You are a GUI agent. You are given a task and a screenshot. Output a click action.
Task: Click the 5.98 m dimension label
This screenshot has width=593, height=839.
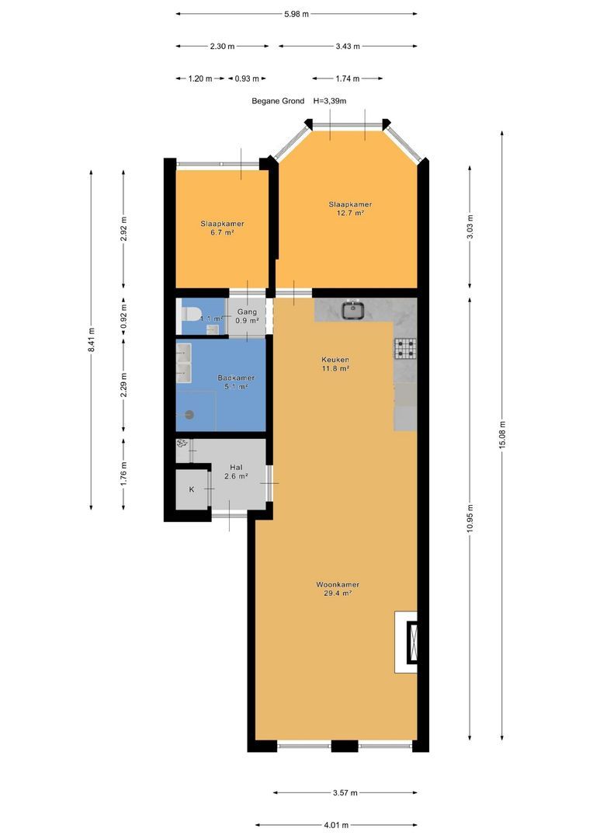296,14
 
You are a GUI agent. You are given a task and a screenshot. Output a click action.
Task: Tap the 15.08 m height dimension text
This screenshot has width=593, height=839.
502,435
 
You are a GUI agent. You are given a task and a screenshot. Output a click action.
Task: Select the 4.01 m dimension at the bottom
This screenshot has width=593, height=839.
336,824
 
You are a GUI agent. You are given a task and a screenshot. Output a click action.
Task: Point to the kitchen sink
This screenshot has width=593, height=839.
354,310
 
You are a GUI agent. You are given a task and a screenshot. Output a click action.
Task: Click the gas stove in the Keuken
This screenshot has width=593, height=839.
405,348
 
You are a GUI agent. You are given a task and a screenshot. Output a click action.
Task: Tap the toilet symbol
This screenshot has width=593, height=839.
190,313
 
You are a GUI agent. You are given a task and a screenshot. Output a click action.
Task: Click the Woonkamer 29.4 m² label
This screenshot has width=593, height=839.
338,589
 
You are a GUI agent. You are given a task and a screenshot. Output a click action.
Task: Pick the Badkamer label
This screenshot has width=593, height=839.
236,378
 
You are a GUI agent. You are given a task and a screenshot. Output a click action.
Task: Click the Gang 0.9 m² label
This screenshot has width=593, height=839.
247,315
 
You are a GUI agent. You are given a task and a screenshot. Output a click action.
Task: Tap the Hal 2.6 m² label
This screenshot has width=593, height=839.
236,472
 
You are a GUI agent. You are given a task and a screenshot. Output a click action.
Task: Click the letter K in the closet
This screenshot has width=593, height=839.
192,489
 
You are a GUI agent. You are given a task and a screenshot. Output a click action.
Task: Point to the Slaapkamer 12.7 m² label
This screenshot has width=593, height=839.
350,208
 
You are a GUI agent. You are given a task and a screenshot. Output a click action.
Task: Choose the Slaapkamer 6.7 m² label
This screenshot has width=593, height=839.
223,228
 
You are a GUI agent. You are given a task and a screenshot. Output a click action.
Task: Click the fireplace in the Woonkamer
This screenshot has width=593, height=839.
411,642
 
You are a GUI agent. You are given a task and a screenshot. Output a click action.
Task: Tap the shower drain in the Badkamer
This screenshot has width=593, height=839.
188,415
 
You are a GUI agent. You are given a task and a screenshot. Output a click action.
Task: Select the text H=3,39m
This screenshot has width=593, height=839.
330,100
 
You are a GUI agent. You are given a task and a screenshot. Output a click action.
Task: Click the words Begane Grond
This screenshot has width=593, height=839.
278,100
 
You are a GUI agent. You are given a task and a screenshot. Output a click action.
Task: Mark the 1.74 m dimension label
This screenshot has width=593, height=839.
348,78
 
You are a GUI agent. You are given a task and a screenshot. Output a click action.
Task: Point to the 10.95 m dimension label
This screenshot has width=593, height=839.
470,518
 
